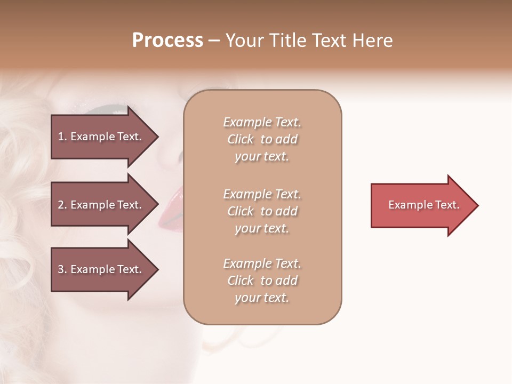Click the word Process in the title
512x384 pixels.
pyautogui.click(x=167, y=41)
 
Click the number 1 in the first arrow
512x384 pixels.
pyautogui.click(x=61, y=137)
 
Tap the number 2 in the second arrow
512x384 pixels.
pyautogui.click(x=61, y=205)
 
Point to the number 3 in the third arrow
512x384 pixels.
pyautogui.click(x=61, y=269)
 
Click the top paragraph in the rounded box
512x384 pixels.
pyautogui.click(x=262, y=139)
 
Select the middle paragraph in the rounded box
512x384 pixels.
pyautogui.click(x=262, y=211)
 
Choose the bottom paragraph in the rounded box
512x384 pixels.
pyautogui.click(x=262, y=281)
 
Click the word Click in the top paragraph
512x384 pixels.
pyautogui.click(x=240, y=139)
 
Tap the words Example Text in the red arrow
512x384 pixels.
pyautogui.click(x=424, y=205)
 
